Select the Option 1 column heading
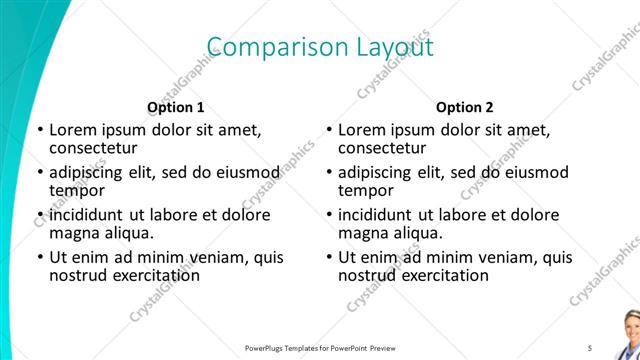[x=176, y=107]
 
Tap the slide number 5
[x=589, y=347]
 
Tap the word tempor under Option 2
[x=364, y=190]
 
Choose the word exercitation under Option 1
[x=150, y=275]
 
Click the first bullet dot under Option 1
[x=39, y=131]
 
